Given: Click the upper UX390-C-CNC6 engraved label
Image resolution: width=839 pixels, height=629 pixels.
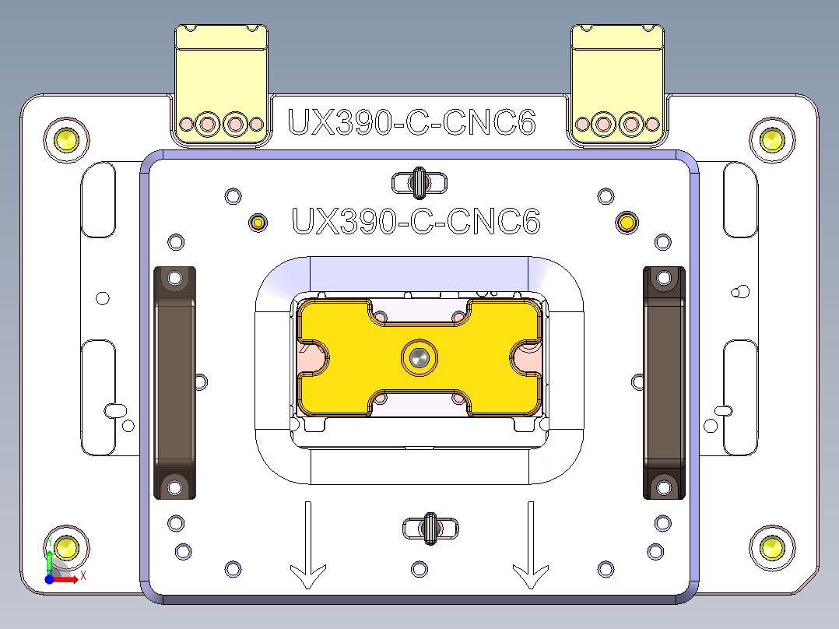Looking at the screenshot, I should pyautogui.click(x=412, y=123).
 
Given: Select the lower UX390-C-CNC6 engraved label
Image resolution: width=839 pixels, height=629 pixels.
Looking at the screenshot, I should pyautogui.click(x=415, y=221).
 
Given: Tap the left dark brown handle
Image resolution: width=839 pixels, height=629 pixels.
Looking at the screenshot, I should pyautogui.click(x=174, y=381).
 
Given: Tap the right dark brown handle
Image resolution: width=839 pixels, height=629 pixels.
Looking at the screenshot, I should pyautogui.click(x=663, y=381).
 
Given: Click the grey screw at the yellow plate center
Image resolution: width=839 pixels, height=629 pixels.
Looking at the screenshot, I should pyautogui.click(x=419, y=359).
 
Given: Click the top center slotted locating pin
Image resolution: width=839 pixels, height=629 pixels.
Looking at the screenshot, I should pyautogui.click(x=419, y=183).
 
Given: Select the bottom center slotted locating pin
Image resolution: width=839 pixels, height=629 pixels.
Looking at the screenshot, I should pyautogui.click(x=430, y=529).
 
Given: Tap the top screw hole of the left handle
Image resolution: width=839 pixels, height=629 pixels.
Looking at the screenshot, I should pyautogui.click(x=174, y=277).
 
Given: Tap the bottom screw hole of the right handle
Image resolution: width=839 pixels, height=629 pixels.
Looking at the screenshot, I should pyautogui.click(x=663, y=487).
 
